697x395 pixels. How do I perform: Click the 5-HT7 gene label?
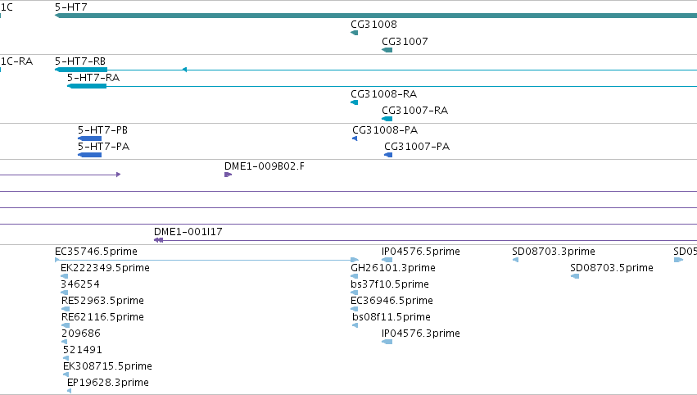point(71,7)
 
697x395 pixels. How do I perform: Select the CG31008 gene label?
point(373,24)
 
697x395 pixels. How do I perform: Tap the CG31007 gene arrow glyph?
point(387,50)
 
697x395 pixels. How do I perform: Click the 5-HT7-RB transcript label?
point(80,61)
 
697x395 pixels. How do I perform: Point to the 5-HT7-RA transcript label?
point(93,77)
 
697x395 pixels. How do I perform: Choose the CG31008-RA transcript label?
point(383,94)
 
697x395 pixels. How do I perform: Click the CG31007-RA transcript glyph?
point(387,119)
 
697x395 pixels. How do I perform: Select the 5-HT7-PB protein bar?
point(90,138)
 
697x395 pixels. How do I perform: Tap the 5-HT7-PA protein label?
point(103,147)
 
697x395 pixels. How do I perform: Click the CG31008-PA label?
point(385,129)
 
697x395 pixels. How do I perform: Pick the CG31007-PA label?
point(417,147)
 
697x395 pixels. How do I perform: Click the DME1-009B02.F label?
point(265,166)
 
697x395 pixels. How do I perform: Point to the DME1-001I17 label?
point(188,231)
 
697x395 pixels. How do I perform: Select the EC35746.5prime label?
point(96,252)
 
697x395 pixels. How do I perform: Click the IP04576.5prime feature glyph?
point(387,260)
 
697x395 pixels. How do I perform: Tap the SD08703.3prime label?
point(554,252)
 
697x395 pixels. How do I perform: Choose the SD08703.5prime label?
point(612,268)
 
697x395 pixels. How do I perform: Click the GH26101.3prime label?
point(393,268)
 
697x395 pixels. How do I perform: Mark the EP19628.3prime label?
point(108,383)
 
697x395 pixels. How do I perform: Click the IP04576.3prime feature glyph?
point(387,342)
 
